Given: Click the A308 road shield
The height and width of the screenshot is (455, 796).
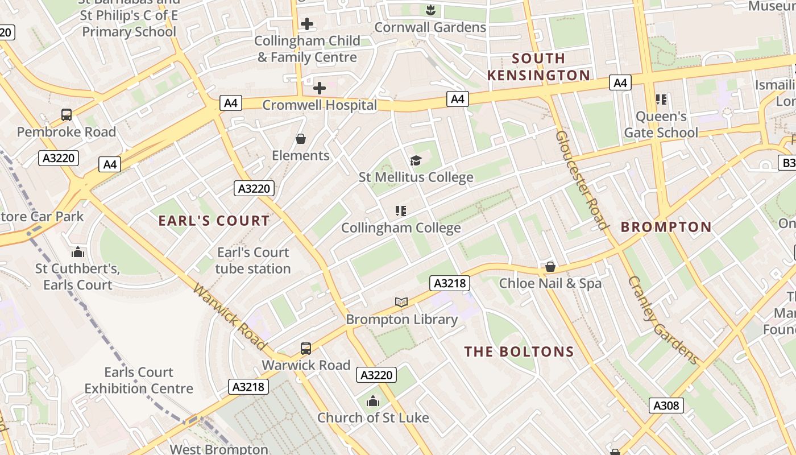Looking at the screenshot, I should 666,406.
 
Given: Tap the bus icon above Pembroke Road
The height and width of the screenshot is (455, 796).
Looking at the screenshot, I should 67,115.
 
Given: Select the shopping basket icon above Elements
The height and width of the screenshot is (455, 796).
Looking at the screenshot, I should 301,139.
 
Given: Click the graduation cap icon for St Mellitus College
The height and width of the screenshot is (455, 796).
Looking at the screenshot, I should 416,161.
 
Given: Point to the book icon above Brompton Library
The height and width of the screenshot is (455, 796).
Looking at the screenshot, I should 401,302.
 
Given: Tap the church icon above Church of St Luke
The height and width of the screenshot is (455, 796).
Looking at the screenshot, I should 373,401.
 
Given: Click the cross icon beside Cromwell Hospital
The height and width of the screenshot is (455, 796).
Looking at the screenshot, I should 320,88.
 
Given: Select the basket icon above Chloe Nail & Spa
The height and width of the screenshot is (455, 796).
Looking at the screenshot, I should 550,266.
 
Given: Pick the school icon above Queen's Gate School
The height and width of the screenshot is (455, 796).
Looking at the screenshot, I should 661,100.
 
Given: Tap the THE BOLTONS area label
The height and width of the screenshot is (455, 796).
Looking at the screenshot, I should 519,351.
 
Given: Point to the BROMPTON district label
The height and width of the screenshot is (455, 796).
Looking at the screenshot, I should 666,227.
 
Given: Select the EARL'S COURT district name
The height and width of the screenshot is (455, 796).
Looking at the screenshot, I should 214,221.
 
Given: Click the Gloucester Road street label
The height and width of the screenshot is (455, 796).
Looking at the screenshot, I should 581,180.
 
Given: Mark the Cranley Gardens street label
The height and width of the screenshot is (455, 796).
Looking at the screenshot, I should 663,320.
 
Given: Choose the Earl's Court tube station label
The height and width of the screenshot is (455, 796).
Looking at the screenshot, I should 253,260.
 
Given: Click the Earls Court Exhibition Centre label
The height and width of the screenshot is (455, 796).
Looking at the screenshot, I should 139,380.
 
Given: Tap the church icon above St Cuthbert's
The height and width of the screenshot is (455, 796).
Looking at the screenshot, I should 78,252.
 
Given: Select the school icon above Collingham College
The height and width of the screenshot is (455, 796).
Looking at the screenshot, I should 400,211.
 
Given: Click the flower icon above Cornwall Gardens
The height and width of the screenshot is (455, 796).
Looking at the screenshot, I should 430,10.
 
